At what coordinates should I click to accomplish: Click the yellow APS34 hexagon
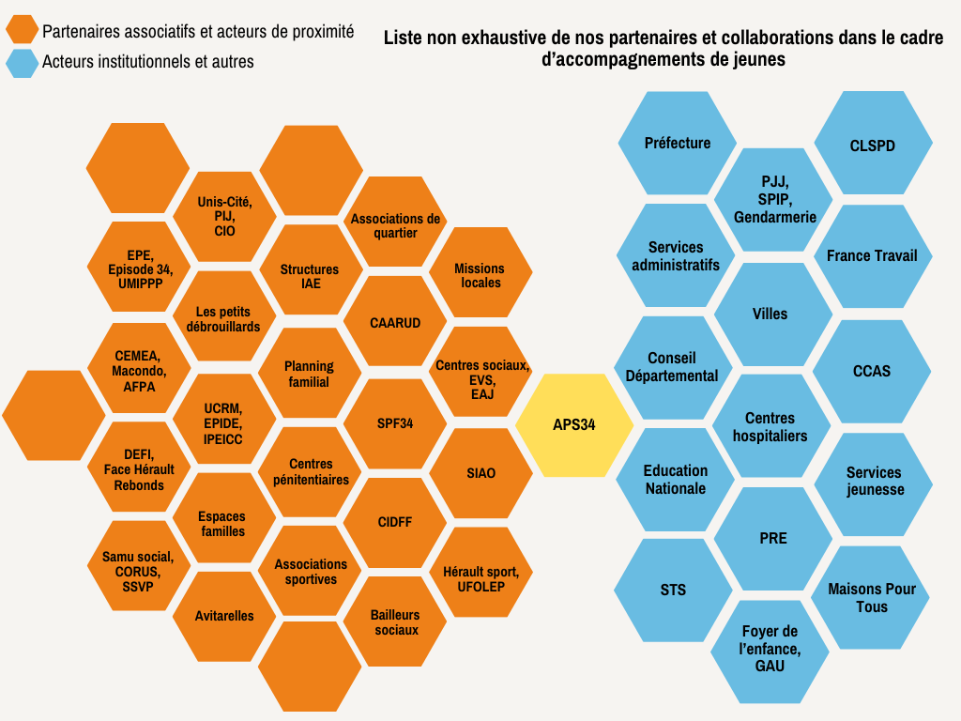(x=573, y=424)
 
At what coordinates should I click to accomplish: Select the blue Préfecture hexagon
(x=678, y=143)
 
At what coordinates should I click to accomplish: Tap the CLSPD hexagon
(x=872, y=146)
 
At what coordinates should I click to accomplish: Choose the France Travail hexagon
(x=872, y=255)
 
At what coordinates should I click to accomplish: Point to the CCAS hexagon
(x=872, y=371)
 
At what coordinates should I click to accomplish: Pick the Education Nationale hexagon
(x=676, y=479)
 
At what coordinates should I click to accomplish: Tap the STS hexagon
(x=673, y=590)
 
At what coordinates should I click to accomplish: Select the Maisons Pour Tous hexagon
(x=871, y=597)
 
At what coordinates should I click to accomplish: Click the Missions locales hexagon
(x=480, y=275)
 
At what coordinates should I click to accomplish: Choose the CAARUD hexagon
(x=395, y=322)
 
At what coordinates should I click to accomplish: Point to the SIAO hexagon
(x=480, y=473)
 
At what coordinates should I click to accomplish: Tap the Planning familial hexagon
(x=310, y=374)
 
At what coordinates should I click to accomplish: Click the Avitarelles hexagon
(x=224, y=616)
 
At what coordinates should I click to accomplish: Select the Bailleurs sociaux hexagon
(x=395, y=621)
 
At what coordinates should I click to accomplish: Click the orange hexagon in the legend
(x=22, y=31)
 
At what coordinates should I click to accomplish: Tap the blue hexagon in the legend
(x=22, y=62)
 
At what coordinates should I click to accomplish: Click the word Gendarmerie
(x=774, y=217)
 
